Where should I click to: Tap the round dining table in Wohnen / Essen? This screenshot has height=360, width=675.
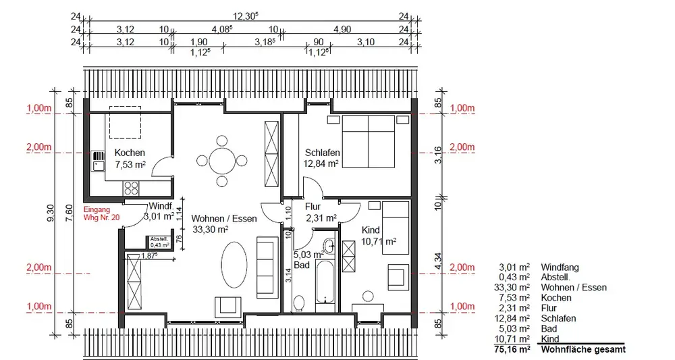(x=222, y=161)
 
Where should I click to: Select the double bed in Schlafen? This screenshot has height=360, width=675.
(x=369, y=141)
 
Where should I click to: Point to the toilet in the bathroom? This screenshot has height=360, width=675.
(x=299, y=303)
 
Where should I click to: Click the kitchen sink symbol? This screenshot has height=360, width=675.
(x=99, y=161)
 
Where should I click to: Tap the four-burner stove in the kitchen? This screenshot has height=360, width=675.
(x=132, y=188)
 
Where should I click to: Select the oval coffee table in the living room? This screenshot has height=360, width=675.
(x=234, y=265)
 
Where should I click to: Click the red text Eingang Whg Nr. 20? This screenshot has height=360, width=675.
(x=101, y=213)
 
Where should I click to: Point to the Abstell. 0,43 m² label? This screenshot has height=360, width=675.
(x=159, y=242)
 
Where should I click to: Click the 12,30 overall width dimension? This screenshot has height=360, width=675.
(x=246, y=16)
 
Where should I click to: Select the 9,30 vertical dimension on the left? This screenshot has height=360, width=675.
(x=51, y=213)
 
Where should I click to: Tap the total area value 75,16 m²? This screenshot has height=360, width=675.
(x=512, y=349)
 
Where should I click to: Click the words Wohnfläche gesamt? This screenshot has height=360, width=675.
(x=583, y=349)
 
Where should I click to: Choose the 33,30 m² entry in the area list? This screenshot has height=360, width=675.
(x=512, y=287)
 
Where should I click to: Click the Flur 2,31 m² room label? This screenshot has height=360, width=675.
(x=320, y=212)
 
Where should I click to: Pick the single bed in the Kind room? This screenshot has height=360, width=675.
(x=395, y=228)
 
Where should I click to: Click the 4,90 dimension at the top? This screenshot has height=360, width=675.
(x=342, y=29)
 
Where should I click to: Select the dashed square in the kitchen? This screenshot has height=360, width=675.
(x=125, y=122)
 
